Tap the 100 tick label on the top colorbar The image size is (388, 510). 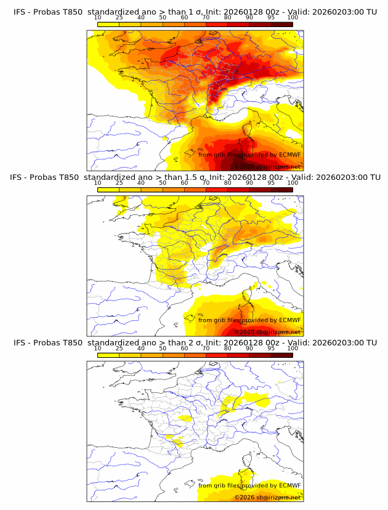[x=293, y=17]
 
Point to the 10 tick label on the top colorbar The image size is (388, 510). [x=97, y=17]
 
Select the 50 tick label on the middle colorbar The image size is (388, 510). [x=163, y=183]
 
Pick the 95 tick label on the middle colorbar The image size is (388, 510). [x=271, y=183]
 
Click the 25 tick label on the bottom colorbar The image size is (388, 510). [x=119, y=348]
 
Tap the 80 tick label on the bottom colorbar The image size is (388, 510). [x=228, y=348]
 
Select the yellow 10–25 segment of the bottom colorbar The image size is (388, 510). [x=108, y=355]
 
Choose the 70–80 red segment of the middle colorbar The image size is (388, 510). [x=217, y=190]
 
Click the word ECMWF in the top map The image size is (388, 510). [x=289, y=155]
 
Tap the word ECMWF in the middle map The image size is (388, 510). [x=289, y=320]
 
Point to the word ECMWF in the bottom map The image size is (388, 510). [x=289, y=485]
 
